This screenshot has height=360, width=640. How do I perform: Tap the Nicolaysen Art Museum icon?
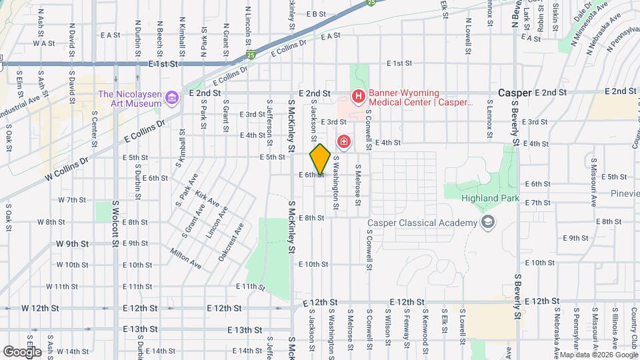click(x=172, y=98)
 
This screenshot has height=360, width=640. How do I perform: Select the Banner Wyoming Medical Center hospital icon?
click(x=359, y=97)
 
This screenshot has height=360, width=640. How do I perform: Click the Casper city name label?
click(x=514, y=93)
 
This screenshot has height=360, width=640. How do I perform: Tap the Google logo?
click(x=21, y=351)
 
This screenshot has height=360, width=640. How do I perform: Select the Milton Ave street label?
click(x=186, y=259)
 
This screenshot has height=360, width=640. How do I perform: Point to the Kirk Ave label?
click(x=207, y=198)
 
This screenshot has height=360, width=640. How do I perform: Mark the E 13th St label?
click(x=244, y=330)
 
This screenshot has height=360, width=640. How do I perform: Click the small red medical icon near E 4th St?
click(x=344, y=141)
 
